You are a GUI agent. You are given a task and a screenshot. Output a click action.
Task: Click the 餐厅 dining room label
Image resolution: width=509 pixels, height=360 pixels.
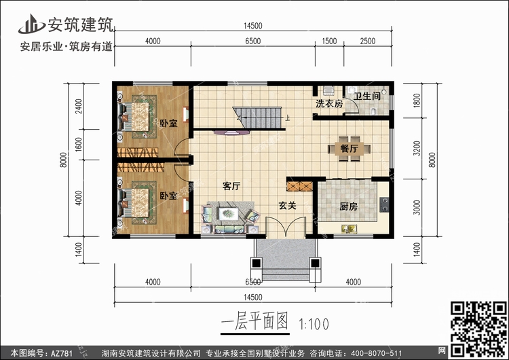click(x=350, y=149)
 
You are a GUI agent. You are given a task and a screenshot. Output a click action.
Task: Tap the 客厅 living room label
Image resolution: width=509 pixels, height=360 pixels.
click(x=231, y=186)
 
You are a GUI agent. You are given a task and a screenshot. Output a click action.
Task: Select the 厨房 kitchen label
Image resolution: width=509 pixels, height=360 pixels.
click(x=349, y=206)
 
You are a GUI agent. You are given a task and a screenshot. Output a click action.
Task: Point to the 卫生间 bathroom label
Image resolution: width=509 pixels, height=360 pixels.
click(x=367, y=96)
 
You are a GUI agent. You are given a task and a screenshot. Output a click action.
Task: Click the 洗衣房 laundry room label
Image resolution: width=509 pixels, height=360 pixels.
click(x=329, y=104)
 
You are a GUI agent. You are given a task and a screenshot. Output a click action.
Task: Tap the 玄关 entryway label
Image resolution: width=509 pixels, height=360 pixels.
click(x=288, y=206)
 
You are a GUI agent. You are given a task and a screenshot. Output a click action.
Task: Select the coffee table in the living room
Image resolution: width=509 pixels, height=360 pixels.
click(x=229, y=213)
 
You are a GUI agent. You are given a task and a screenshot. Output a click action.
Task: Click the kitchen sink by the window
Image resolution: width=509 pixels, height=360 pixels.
click(x=350, y=229)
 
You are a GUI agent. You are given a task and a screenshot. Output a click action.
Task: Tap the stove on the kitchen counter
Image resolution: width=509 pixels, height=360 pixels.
click(x=384, y=204)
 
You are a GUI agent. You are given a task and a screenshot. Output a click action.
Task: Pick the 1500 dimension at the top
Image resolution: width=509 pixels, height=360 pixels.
click(x=329, y=41)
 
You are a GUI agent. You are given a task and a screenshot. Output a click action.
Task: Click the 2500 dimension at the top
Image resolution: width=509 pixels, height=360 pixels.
click(x=367, y=41)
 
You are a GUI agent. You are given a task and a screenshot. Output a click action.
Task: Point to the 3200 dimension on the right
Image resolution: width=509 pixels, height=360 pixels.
click(x=417, y=148)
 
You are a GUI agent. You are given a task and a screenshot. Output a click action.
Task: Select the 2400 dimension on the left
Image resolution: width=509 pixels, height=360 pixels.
click(x=79, y=106)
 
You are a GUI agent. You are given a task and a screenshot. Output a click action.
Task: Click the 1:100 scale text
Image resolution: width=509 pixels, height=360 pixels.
click(x=314, y=324)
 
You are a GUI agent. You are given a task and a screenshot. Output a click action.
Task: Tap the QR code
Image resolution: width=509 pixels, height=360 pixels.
click(x=478, y=329)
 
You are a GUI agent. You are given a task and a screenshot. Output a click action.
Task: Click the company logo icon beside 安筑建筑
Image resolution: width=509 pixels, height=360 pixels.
click(x=31, y=24)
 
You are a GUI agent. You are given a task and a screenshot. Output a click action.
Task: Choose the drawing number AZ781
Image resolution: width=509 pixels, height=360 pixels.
click(x=61, y=353)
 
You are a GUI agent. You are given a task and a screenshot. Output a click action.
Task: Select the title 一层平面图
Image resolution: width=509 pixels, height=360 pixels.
click(x=254, y=322)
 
